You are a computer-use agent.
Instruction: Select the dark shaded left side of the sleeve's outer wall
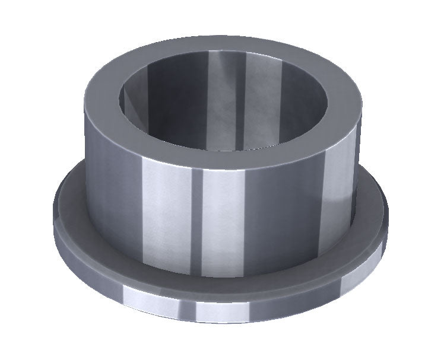[x=107, y=178]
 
